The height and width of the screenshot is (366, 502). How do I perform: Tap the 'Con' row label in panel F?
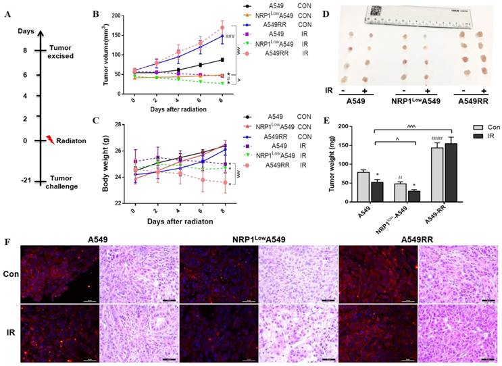[10, 273]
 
